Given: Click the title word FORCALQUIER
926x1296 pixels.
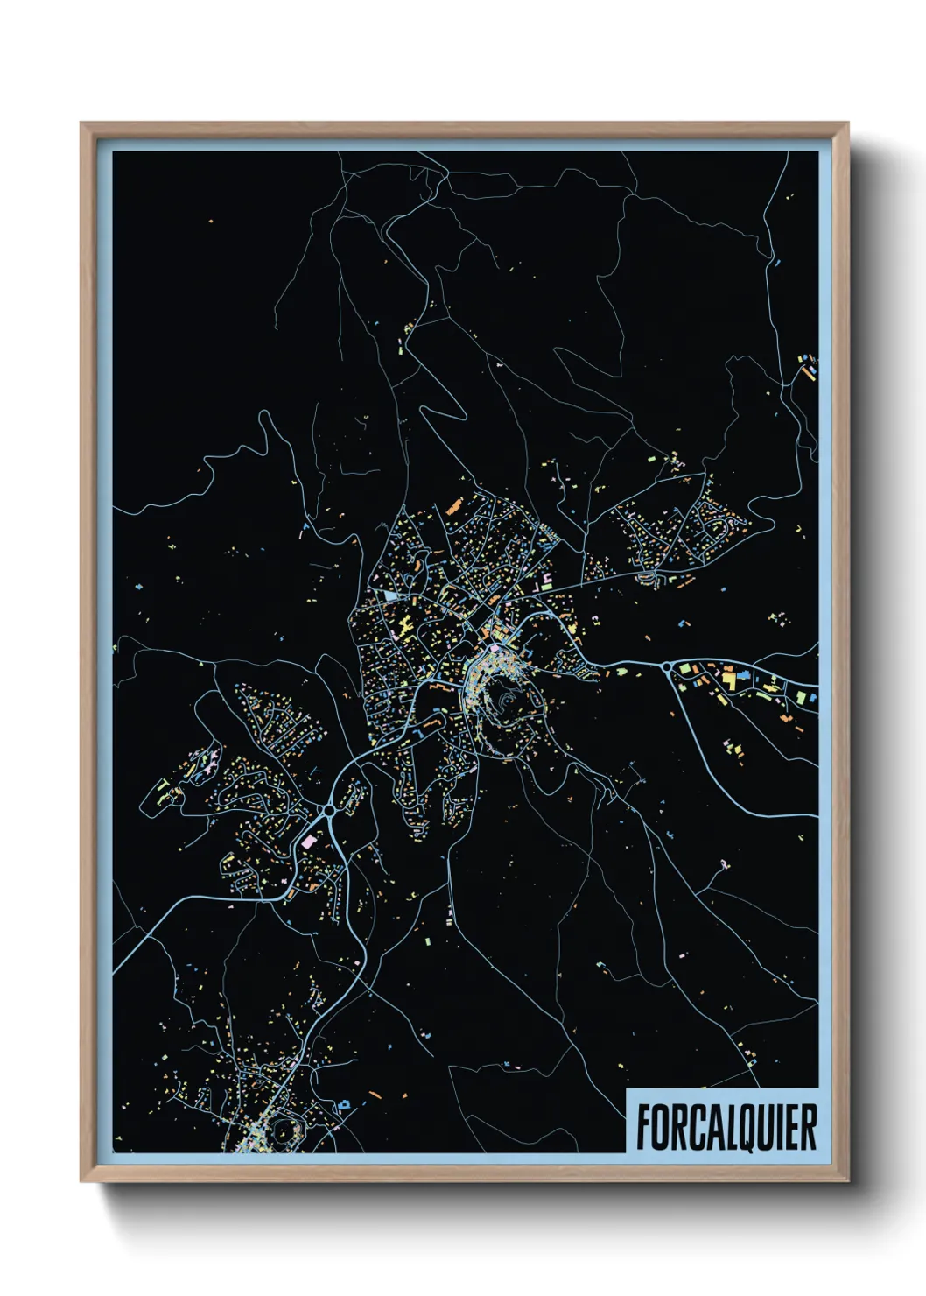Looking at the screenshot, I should click(726, 1126).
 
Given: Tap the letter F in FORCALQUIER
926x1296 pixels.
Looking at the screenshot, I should click(644, 1127).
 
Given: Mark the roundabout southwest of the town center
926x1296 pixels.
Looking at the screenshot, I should click(328, 811).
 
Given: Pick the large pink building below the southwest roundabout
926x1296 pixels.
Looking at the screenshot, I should click(308, 842).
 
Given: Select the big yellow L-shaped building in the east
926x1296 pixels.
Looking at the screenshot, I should click(727, 677).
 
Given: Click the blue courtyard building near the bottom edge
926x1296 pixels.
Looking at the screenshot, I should click(344, 1105).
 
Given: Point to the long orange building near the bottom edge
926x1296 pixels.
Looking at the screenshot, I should click(375, 1095).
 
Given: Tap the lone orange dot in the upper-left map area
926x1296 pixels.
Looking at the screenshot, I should click(212, 221).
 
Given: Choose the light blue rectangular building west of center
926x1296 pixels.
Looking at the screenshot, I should click(389, 595).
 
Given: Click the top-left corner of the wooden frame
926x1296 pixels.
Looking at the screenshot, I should click(81, 123).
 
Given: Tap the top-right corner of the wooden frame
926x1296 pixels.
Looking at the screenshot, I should click(847, 123).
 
